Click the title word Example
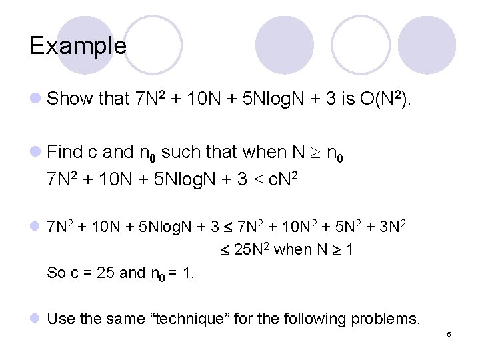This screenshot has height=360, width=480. click(77, 45)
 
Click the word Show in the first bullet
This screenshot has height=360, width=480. click(70, 99)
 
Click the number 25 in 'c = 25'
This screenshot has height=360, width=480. click(104, 272)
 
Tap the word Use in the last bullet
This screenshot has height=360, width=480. click(61, 319)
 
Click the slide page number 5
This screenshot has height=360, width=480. click(449, 334)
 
